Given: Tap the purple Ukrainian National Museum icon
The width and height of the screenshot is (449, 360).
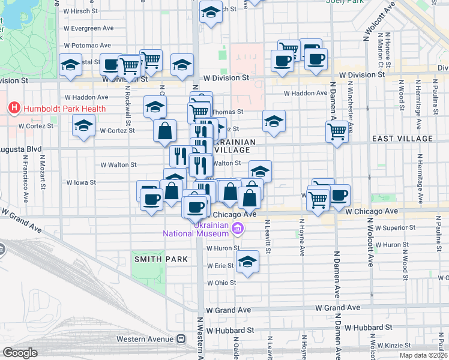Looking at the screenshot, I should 238,228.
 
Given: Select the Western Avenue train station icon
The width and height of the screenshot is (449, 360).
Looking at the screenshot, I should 181,339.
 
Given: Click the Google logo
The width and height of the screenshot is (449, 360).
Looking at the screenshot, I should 20,352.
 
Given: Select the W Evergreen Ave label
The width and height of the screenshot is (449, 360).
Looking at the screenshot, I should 88,28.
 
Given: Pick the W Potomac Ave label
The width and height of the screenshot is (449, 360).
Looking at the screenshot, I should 87,45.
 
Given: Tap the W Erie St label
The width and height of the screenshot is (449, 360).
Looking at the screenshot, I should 220,265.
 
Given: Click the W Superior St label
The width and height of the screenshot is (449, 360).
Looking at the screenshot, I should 393,228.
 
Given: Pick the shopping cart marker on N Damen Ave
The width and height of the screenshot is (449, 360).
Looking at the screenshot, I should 338,131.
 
